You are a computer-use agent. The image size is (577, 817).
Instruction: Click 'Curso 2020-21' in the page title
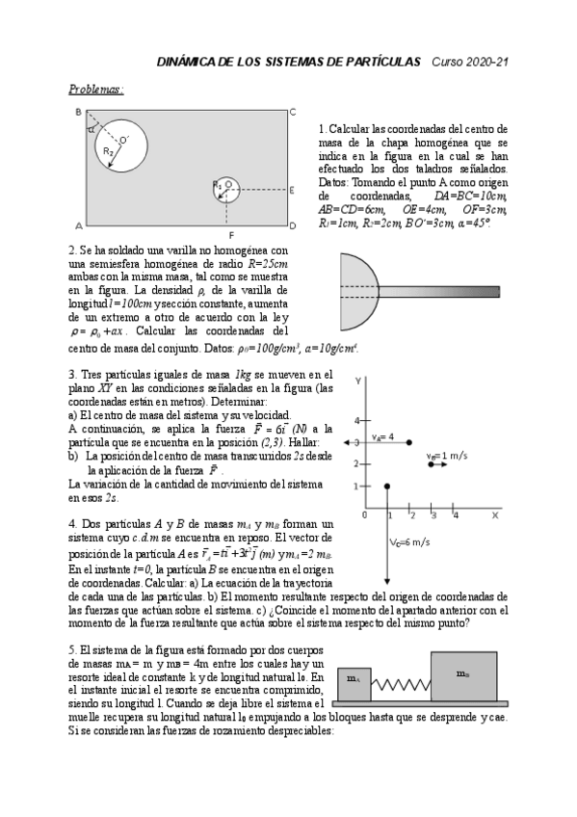(x=469, y=62)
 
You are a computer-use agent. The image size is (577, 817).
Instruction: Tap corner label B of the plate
(x=77, y=113)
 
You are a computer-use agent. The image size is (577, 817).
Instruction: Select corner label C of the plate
(x=291, y=113)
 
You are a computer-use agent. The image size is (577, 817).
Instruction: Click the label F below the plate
(x=230, y=235)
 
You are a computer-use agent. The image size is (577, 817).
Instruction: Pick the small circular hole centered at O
(x=229, y=191)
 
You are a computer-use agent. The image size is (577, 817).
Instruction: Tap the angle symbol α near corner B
(x=92, y=128)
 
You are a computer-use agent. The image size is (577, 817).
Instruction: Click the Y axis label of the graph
(x=358, y=382)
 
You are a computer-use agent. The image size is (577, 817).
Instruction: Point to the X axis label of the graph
(x=495, y=515)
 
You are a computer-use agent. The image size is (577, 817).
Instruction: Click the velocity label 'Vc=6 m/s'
(x=412, y=542)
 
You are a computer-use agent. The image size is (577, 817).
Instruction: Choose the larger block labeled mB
(x=462, y=674)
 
